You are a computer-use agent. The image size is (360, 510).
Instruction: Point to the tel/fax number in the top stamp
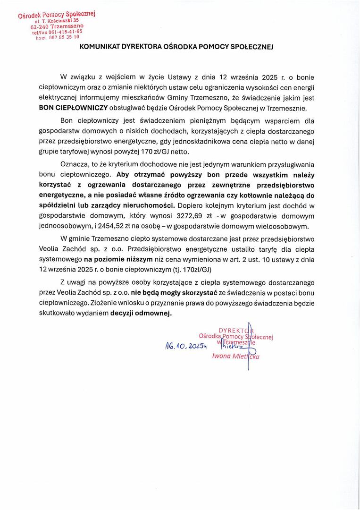click(x=63, y=32)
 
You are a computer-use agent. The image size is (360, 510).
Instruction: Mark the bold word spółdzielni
click(x=57, y=205)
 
